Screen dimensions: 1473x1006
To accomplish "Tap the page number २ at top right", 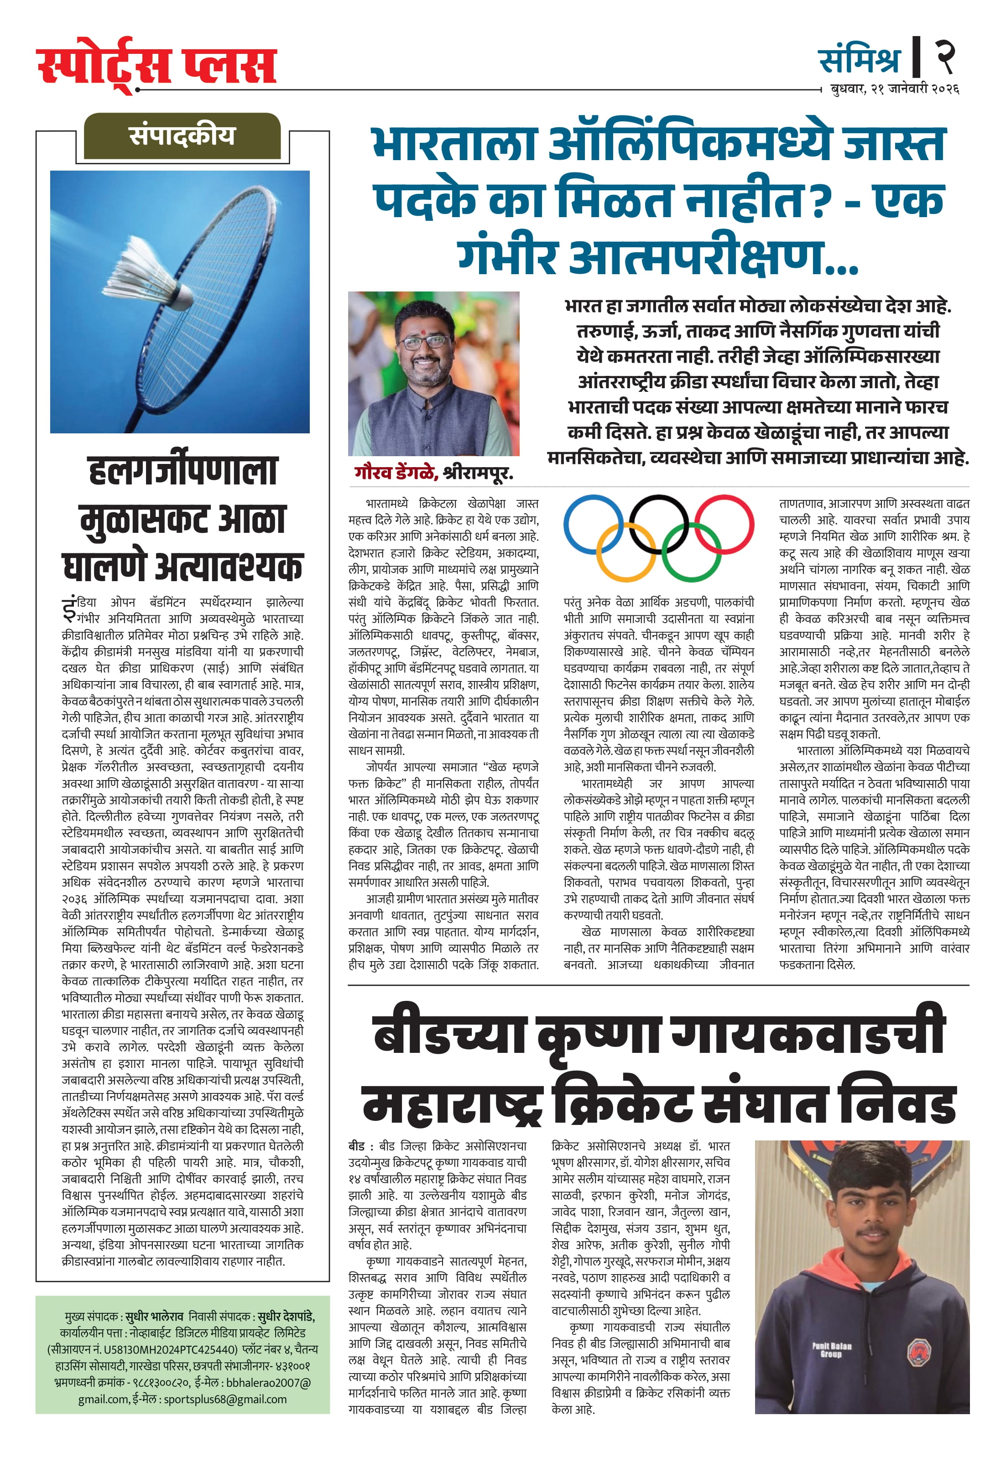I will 945,56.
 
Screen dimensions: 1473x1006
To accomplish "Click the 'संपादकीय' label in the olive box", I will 182,135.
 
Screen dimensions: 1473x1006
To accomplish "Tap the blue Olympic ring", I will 593,525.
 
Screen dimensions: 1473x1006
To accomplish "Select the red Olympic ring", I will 724,525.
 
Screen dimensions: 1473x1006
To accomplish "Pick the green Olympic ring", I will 692,553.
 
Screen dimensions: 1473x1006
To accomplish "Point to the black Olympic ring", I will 659,525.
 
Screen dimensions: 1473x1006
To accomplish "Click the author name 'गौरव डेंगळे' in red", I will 396,472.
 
